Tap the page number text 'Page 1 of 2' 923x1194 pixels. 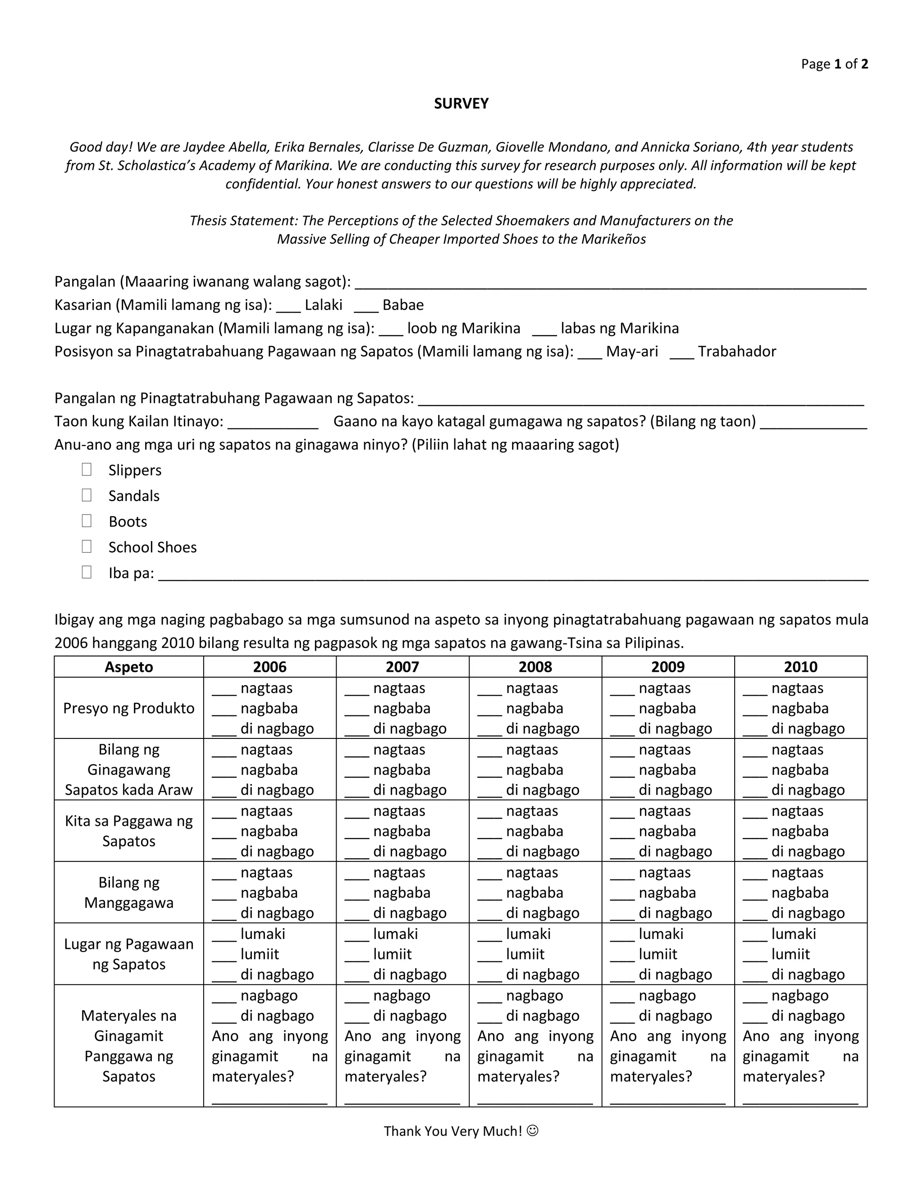point(834,64)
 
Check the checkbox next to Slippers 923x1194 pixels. point(87,469)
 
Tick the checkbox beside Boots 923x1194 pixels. point(87,521)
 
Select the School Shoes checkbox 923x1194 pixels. point(87,547)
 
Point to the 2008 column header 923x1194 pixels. point(535,667)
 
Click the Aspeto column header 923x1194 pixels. point(129,667)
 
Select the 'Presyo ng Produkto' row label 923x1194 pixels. point(129,709)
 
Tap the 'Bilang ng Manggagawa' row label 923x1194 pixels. point(129,893)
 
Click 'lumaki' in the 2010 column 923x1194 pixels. point(793,934)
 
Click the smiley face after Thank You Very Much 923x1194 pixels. point(533,1130)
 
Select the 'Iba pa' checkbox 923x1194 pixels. point(87,572)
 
